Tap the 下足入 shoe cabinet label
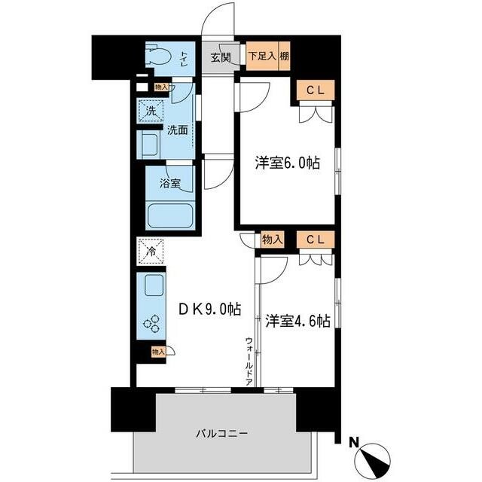coord(262,56)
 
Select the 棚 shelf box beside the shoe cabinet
coord(285,56)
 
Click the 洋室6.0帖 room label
coord(288,163)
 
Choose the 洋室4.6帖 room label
coord(297,320)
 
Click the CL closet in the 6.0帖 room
coord(315,90)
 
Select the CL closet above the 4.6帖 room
coord(315,239)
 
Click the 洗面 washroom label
coord(178,129)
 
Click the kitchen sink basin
coord(152,287)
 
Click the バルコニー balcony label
coord(222,433)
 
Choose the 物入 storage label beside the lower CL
coord(273,239)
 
